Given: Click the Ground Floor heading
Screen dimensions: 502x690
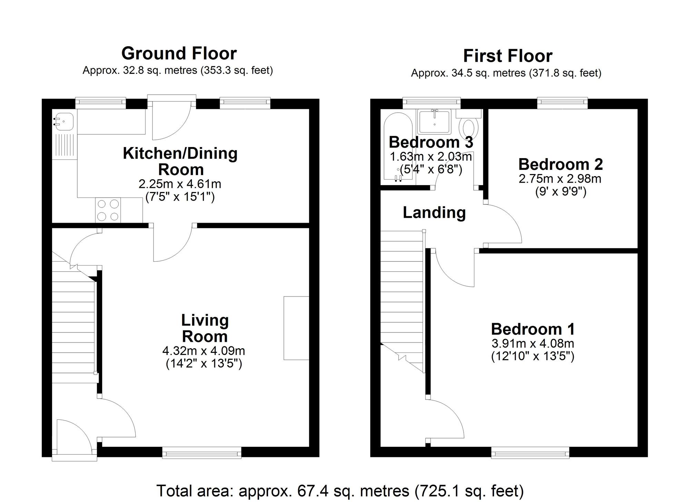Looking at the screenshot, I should tap(179, 54).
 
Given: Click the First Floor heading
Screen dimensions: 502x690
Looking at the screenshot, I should tap(507, 56).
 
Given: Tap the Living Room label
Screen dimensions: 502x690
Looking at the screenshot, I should tap(205, 328).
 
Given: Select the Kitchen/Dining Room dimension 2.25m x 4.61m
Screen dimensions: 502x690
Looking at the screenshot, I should tap(180, 184).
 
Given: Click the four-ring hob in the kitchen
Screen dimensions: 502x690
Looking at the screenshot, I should tap(108, 210).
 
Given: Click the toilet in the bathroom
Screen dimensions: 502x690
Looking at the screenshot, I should tap(469, 128).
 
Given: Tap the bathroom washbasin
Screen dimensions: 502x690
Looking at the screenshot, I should tap(434, 122).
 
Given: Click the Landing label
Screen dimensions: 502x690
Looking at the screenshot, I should tap(434, 213).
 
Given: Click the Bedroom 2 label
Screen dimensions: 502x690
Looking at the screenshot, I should tap(560, 164).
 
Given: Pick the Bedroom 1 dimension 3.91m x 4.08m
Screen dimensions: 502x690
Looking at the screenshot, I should tap(533, 344).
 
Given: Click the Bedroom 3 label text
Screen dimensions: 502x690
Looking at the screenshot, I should tap(431, 142).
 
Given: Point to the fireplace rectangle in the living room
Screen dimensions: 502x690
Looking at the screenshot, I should tap(296, 328).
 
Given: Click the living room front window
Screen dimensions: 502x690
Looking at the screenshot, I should tap(201, 452).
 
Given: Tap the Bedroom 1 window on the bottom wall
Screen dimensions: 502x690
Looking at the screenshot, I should tap(530, 452).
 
